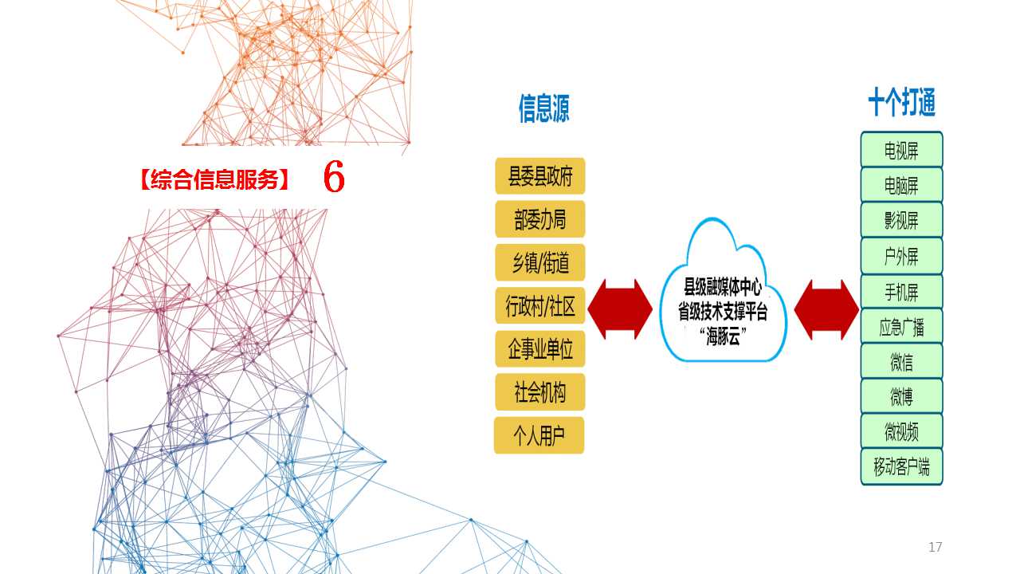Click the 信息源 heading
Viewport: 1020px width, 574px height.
click(x=544, y=108)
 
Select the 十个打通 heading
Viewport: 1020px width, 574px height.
click(x=901, y=102)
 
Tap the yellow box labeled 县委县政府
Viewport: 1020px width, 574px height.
click(x=540, y=176)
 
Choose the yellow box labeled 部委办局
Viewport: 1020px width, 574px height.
click(x=540, y=219)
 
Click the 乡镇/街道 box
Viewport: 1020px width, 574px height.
click(x=540, y=262)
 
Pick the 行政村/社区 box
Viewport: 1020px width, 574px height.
click(x=540, y=305)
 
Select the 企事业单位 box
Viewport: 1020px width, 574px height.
click(x=540, y=349)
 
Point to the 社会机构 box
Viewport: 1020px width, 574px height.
click(x=540, y=392)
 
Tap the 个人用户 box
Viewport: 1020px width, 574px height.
click(x=539, y=435)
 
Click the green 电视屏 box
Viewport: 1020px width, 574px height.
click(x=901, y=149)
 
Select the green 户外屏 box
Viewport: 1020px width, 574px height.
click(x=901, y=256)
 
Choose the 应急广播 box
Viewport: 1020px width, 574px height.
click(x=901, y=326)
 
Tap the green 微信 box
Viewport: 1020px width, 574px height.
click(x=901, y=361)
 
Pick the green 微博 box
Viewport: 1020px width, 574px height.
click(x=901, y=396)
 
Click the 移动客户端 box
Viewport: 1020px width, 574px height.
click(x=901, y=467)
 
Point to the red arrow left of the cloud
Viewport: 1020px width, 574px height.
click(x=620, y=309)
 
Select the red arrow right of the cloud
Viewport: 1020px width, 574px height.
click(x=826, y=310)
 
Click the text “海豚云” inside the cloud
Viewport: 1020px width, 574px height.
click(x=723, y=337)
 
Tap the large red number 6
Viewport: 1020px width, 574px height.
click(x=334, y=176)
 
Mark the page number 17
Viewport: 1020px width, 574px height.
click(x=936, y=547)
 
